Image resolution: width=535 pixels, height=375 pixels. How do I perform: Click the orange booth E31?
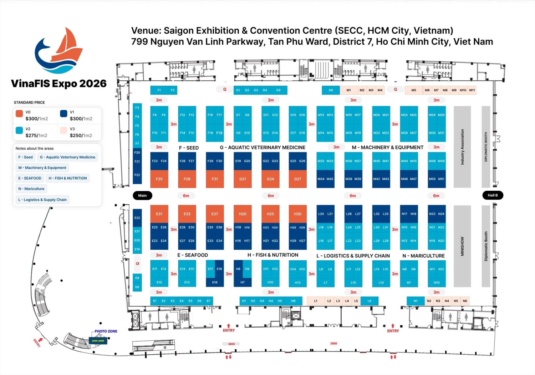pos(159,214)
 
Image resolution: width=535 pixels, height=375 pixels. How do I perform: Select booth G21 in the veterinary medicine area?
pos(243,179)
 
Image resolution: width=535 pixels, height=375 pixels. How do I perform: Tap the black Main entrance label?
pos(142,195)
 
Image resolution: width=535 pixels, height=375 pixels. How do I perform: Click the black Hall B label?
pos(493,195)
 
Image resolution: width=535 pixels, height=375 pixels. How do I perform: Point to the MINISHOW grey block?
pos(462,246)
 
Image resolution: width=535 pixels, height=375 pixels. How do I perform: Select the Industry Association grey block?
pos(462,147)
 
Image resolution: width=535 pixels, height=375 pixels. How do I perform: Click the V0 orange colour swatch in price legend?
pos(19,114)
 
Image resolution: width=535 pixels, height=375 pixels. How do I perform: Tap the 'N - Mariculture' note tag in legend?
pos(31,189)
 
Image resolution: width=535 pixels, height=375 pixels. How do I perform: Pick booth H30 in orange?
pos(297,214)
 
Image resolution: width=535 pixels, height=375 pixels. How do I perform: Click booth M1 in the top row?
pos(348,90)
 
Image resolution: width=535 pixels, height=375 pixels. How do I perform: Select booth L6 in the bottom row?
pos(369,301)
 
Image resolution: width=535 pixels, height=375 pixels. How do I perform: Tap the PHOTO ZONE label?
pos(106,331)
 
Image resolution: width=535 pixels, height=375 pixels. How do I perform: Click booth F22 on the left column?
pos(137,175)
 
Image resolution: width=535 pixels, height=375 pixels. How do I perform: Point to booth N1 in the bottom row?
pos(416,301)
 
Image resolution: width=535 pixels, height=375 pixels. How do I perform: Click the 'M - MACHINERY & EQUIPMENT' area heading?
pos(387,147)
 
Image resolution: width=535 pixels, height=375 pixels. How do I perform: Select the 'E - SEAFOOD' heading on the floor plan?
pos(193,255)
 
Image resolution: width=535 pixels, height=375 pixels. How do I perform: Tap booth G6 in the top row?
pos(331,90)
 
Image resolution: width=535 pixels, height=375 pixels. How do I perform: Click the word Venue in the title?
pos(145,31)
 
